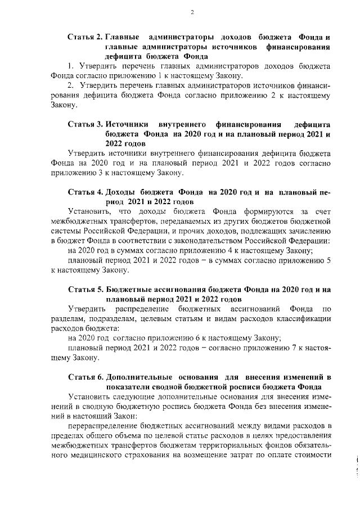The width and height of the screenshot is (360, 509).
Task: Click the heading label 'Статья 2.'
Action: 84,37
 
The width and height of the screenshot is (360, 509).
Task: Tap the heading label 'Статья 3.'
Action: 84,123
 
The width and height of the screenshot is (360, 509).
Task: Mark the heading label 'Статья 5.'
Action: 84,289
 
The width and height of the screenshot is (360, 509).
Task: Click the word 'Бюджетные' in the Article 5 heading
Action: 130,289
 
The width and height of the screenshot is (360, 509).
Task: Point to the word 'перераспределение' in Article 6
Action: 104,426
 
